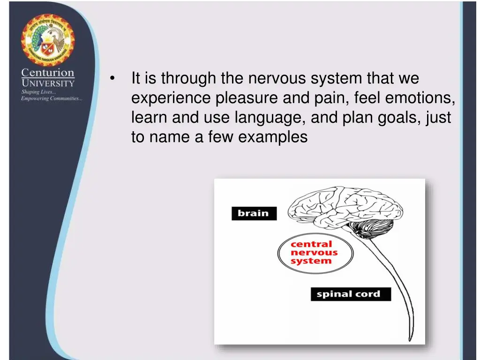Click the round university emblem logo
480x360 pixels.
coord(47,40)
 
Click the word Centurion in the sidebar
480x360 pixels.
coord(47,73)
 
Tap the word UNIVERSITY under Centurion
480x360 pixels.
coord(47,83)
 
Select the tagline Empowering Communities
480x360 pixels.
coord(52,98)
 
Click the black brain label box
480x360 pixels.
coord(254,213)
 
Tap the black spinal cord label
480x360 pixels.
coord(350,294)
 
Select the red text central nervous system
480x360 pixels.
coord(314,253)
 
